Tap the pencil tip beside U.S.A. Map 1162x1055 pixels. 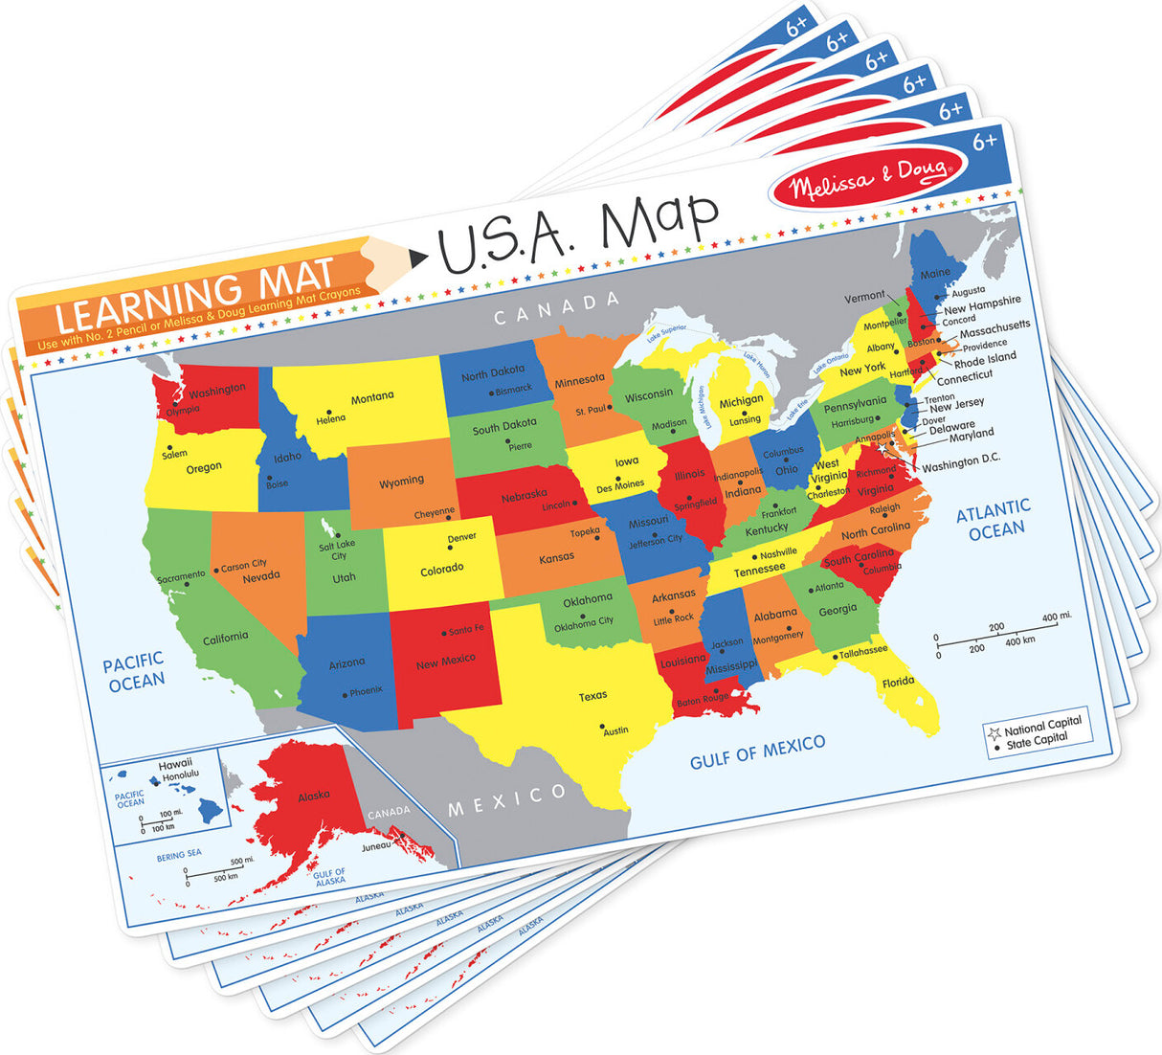(417, 257)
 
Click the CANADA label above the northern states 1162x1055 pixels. (556, 308)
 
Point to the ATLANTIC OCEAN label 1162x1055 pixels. (994, 519)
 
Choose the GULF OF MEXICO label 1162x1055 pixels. (757, 752)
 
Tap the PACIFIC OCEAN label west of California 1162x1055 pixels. (134, 671)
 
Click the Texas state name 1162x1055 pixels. (592, 696)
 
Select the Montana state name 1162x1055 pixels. (372, 397)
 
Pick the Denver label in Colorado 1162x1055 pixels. (462, 537)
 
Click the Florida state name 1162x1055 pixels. (898, 683)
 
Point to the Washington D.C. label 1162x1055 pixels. (961, 463)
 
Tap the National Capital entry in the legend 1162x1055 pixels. (1042, 726)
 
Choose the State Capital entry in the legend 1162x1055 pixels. (1036, 741)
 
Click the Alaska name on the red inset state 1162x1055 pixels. (314, 796)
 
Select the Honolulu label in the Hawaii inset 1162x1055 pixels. (181, 776)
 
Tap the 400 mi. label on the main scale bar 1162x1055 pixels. (1057, 617)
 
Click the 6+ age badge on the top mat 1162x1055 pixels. (984, 143)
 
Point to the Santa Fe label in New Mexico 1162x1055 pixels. (466, 630)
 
